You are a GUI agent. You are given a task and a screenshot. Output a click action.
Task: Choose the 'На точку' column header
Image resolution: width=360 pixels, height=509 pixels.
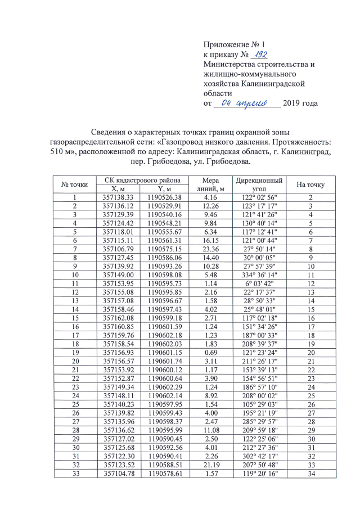pos(310,184)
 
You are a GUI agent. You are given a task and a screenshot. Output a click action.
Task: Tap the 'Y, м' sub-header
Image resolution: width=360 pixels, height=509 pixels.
pos(164,189)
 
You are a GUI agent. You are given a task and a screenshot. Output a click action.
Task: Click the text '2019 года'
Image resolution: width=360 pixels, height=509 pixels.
pos(301,103)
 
